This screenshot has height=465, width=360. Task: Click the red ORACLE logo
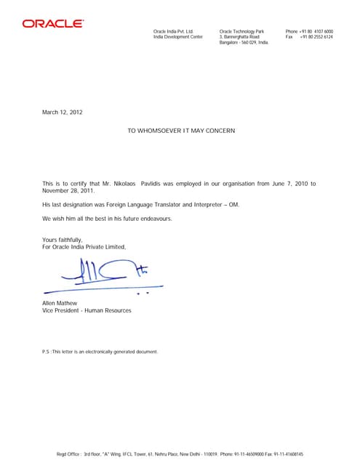click(x=52, y=23)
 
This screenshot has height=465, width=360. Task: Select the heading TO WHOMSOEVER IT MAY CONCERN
click(x=181, y=130)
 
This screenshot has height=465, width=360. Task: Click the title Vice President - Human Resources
click(x=87, y=310)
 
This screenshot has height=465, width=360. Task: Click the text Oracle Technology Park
click(x=241, y=31)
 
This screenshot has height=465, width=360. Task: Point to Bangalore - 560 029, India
click(x=244, y=43)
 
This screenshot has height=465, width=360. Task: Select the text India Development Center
click(x=177, y=37)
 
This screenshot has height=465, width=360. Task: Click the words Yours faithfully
click(x=63, y=240)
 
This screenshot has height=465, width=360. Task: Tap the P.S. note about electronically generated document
click(x=100, y=352)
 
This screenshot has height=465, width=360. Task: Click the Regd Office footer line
click(x=180, y=454)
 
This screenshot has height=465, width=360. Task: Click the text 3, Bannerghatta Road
click(x=239, y=37)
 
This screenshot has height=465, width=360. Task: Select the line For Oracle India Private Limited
click(x=84, y=247)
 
